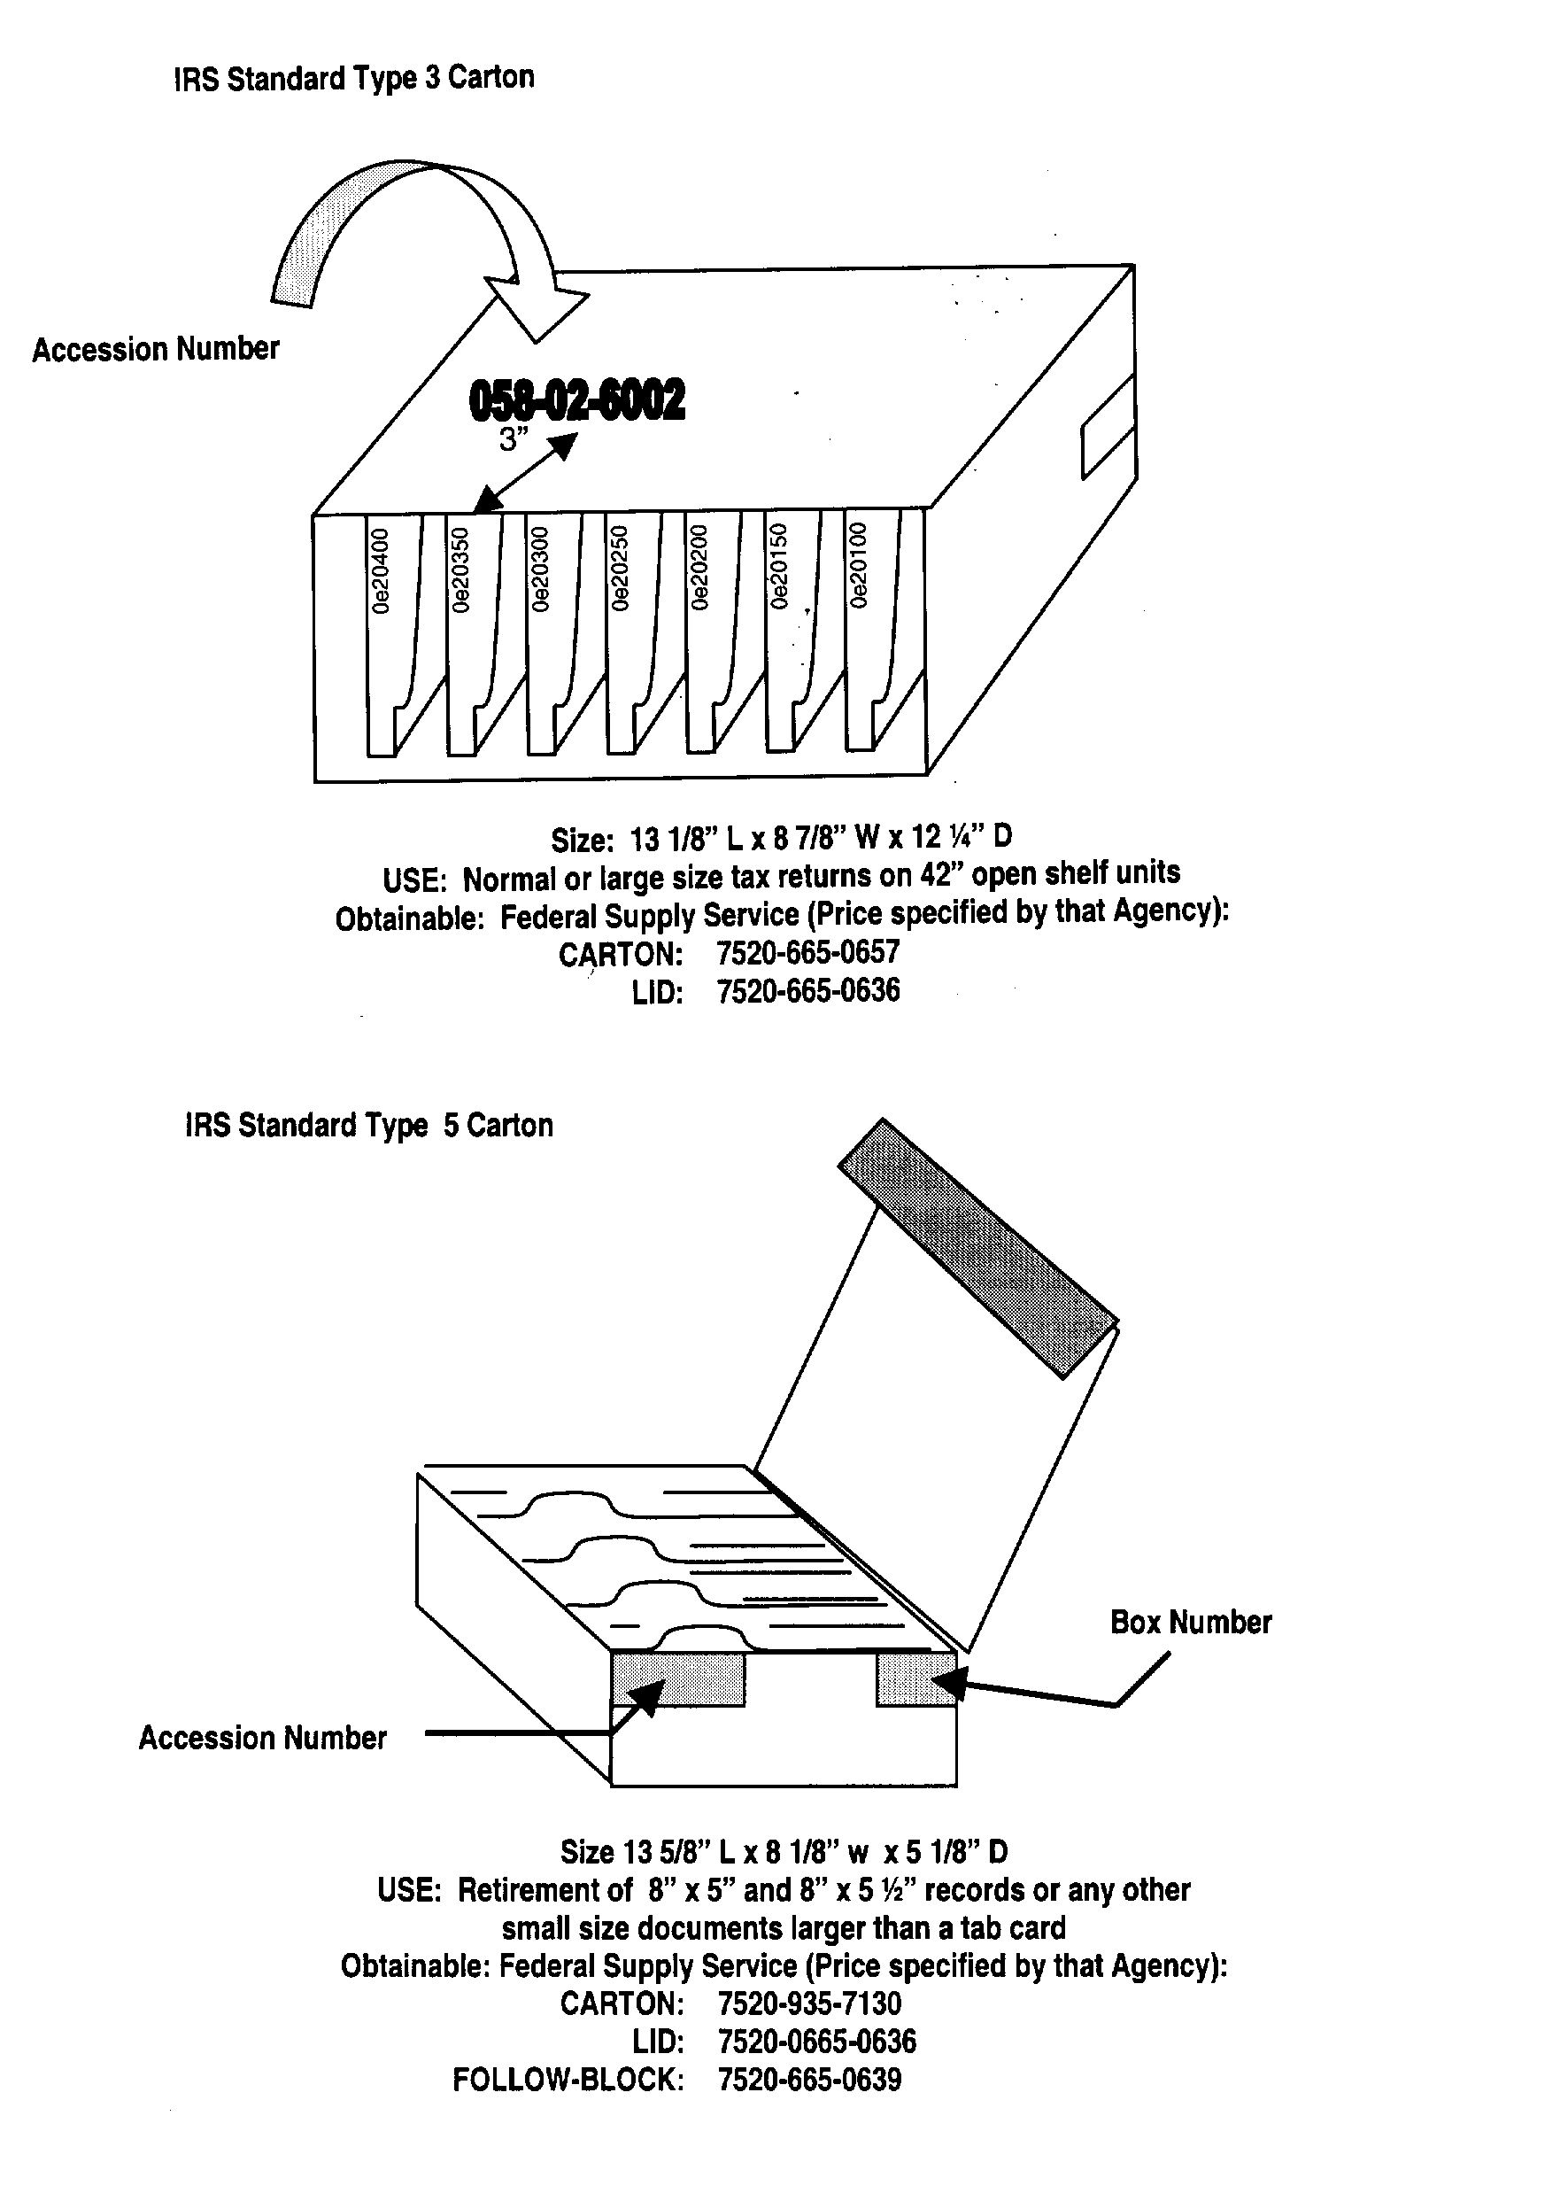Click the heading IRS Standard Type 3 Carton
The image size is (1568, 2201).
click(x=353, y=78)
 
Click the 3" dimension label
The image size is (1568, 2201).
click(x=514, y=440)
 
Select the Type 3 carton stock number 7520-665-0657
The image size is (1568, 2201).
click(x=807, y=953)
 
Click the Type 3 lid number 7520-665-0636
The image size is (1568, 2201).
click(x=807, y=992)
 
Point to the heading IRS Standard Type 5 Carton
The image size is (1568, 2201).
click(x=369, y=1126)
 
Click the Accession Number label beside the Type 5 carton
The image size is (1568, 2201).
click(x=263, y=1739)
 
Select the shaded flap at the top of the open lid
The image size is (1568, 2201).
click(x=977, y=1247)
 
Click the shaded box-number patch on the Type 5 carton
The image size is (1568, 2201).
click(x=915, y=1679)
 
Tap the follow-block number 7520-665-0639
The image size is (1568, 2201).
click(x=809, y=2080)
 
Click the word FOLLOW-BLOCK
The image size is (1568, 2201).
click(x=568, y=2081)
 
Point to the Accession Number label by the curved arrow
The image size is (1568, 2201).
click(x=157, y=350)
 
